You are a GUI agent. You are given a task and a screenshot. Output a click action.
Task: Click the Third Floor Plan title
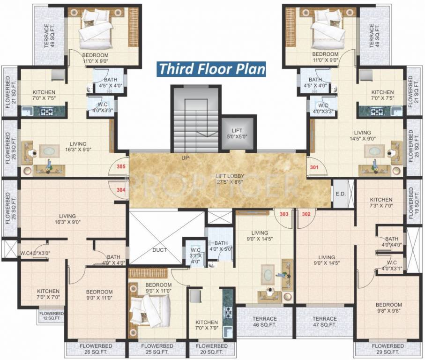point(212,68)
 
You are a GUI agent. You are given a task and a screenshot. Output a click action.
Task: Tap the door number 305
point(121,166)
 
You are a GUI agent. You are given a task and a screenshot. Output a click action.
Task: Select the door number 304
point(121,190)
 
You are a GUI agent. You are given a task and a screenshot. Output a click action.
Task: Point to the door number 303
point(283,214)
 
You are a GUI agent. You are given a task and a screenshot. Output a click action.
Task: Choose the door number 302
point(306,214)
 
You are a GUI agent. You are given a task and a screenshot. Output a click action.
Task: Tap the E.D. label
point(339,194)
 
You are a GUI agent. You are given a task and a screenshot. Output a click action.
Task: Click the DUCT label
point(159,250)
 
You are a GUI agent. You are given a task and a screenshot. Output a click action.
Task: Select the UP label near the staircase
point(186,158)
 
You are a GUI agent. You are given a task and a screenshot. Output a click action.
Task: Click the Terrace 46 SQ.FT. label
point(265,321)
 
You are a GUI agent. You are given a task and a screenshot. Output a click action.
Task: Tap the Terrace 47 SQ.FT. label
point(325,321)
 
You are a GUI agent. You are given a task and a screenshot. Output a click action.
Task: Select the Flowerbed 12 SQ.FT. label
point(51,315)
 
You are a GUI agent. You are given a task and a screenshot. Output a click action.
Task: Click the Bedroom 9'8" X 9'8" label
point(388,307)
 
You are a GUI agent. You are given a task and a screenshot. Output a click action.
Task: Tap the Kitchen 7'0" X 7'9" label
point(207,325)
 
